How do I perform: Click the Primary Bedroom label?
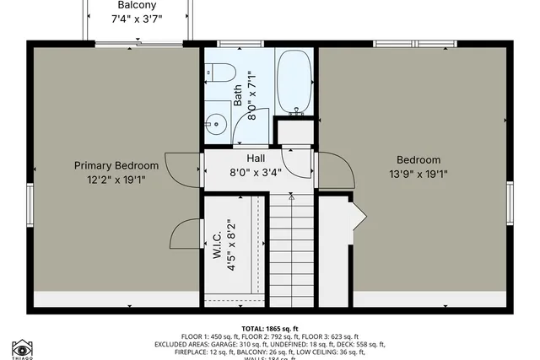[x=116, y=166]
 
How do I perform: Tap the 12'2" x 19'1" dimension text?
[x=116, y=180]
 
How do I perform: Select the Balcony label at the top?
[x=136, y=5]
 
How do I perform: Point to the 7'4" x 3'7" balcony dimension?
[x=136, y=19]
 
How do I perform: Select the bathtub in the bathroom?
[x=294, y=83]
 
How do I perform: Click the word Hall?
[x=256, y=158]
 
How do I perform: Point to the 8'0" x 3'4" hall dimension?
[x=256, y=172]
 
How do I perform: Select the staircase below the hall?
[x=291, y=253]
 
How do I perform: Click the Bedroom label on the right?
[x=418, y=160]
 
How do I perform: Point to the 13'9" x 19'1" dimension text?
[x=418, y=175]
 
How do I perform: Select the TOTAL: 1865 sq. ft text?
[x=270, y=329]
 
